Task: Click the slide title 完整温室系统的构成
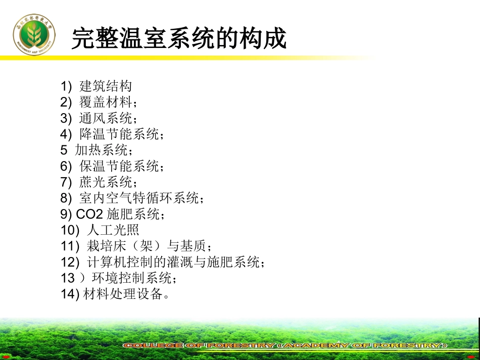pyautogui.click(x=179, y=38)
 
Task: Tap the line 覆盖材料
pyautogui.click(x=108, y=102)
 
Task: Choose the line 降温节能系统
pyautogui.click(x=121, y=134)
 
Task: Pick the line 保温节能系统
pyautogui.click(x=121, y=166)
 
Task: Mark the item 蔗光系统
pyautogui.click(x=108, y=182)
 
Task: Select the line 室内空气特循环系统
pyautogui.click(x=141, y=198)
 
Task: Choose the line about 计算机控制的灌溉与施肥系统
pyautogui.click(x=172, y=262)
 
